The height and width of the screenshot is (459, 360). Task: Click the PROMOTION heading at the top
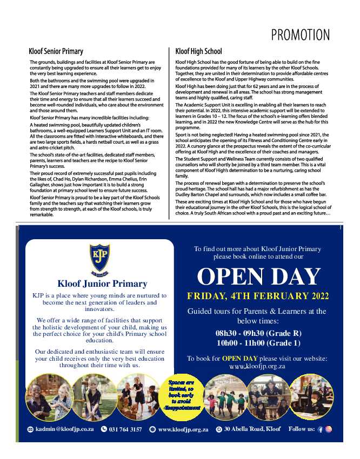(x=300, y=35)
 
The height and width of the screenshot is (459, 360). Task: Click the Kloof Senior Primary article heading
(x=56, y=52)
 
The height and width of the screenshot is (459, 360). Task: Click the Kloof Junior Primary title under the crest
(x=102, y=283)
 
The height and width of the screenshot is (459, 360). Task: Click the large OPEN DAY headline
(x=259, y=276)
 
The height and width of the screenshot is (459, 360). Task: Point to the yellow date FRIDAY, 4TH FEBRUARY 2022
(x=258, y=296)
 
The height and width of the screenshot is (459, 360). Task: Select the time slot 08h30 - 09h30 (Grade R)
(x=258, y=333)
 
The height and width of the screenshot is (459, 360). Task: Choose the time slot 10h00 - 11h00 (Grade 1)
(x=258, y=343)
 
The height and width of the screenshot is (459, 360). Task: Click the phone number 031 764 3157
(x=125, y=429)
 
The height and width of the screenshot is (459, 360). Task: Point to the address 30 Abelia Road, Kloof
(x=252, y=429)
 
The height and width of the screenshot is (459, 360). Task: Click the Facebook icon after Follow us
(x=321, y=429)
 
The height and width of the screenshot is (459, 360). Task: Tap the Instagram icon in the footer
(x=329, y=429)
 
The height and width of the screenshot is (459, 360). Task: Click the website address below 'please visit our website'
(x=257, y=366)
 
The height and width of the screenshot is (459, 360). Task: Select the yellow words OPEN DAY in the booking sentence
(x=239, y=359)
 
